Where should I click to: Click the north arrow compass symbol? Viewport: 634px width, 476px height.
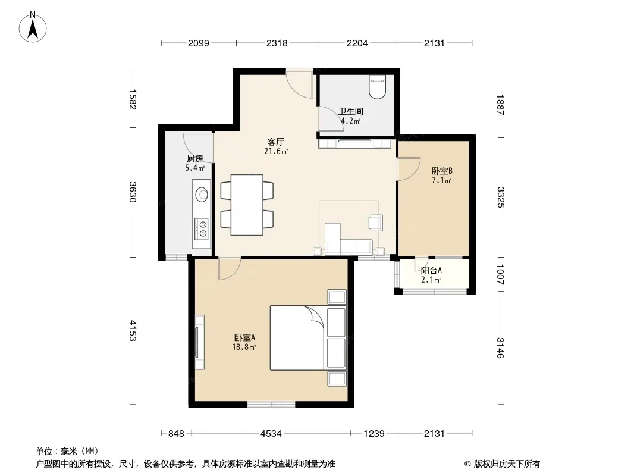[x=33, y=27]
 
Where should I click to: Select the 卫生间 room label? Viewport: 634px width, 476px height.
[x=350, y=111]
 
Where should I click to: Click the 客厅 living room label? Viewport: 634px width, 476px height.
[x=276, y=142]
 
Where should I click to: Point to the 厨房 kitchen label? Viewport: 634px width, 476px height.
[x=195, y=159]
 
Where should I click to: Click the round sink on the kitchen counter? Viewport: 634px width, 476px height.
[x=202, y=195]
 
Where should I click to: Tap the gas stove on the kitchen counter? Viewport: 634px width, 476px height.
[x=202, y=229]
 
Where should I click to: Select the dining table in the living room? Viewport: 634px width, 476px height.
[x=247, y=205]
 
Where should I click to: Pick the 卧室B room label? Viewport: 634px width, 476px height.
[x=441, y=171]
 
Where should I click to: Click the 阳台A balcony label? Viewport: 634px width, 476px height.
[x=431, y=271]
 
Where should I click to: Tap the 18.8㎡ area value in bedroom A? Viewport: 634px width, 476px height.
[x=244, y=347]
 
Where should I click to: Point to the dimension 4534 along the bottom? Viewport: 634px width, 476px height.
[x=271, y=434]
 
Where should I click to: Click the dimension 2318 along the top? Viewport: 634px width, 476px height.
[x=277, y=43]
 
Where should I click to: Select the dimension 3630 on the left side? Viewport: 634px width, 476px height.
[x=133, y=192]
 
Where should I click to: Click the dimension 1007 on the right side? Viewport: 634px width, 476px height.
[x=500, y=275]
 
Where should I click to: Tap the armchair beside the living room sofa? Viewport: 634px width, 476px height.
[x=376, y=223]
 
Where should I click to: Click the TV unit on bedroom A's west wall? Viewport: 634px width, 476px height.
[x=199, y=342]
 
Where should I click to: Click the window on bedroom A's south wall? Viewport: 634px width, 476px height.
[x=272, y=404]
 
